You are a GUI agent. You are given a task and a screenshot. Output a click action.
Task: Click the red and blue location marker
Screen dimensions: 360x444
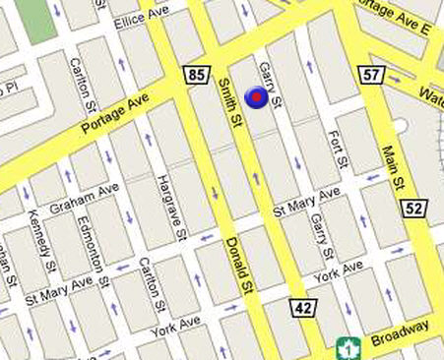[x=256, y=96]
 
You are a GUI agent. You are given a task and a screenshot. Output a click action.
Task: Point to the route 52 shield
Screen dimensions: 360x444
[x=413, y=207]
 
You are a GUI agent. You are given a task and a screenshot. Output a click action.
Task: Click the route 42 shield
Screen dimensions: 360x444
[x=302, y=308]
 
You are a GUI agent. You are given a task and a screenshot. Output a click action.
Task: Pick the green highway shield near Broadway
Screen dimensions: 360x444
[x=346, y=347]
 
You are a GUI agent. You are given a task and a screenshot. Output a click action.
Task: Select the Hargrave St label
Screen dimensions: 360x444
[x=170, y=209]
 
